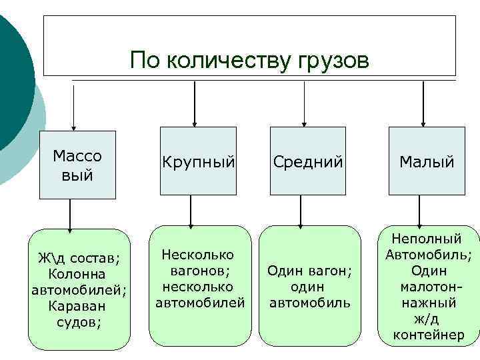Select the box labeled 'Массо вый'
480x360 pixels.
(77, 165)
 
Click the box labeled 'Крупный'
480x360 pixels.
(198, 161)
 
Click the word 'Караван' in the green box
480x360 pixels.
(77, 306)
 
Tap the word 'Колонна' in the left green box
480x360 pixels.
(77, 274)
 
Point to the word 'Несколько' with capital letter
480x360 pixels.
(198, 255)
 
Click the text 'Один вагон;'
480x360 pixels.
(309, 271)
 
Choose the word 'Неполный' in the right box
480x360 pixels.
(427, 239)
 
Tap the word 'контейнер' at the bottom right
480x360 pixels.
(429, 335)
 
